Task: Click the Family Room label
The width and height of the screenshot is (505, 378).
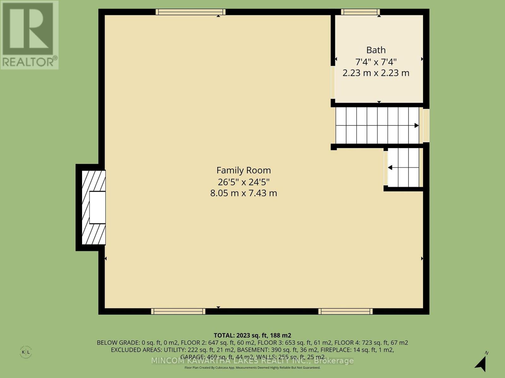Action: pos(243,170)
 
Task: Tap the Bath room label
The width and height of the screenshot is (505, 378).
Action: pos(376,50)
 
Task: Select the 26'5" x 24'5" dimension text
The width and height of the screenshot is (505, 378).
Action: pos(243,182)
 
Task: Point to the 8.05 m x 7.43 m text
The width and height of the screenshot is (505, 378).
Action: pos(243,193)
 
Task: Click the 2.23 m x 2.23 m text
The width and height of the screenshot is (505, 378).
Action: pos(376,73)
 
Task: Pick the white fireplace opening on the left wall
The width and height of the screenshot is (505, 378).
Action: pos(97,208)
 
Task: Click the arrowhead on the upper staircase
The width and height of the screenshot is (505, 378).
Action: pos(416,125)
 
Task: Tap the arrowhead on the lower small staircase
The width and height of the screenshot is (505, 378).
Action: pos(390,168)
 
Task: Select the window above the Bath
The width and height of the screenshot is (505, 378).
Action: pos(360,12)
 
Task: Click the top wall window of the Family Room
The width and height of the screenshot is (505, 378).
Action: pos(191,12)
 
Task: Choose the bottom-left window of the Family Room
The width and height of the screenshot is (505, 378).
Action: pos(178,312)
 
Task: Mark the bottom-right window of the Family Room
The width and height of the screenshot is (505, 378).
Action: pos(345,312)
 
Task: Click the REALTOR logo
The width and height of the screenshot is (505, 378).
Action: pos(29,35)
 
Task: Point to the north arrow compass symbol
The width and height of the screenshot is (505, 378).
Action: pos(481,363)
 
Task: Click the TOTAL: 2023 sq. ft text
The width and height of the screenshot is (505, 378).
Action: pos(252,335)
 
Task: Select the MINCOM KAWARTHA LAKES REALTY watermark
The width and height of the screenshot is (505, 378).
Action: pos(252,361)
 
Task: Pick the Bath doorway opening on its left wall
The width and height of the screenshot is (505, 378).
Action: pos(333,82)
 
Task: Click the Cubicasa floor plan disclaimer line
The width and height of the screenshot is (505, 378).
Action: pos(252,368)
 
